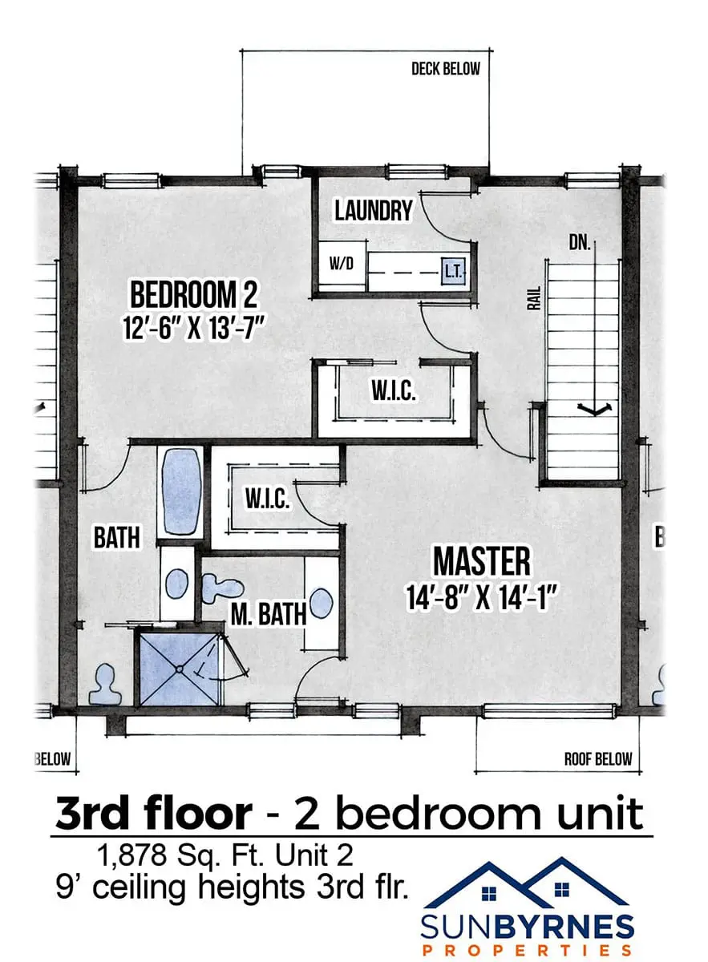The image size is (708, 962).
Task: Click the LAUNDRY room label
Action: coord(374,211)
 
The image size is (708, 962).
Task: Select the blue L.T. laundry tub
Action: coord(453,272)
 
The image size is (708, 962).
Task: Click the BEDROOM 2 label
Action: coord(194,294)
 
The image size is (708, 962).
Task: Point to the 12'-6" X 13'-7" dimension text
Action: coord(193,328)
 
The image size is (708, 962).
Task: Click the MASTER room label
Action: coord(482,561)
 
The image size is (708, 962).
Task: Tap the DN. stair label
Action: coord(580,243)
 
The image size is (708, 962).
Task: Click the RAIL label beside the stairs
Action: coord(533,298)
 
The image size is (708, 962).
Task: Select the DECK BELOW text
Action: coord(446,69)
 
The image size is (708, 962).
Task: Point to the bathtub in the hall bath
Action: coord(181,491)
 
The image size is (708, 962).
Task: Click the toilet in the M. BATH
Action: coord(222,588)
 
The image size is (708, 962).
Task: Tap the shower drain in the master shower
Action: coord(179,669)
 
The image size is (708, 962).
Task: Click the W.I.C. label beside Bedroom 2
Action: coord(394,391)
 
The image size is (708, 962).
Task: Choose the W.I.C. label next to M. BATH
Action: coord(267,499)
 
